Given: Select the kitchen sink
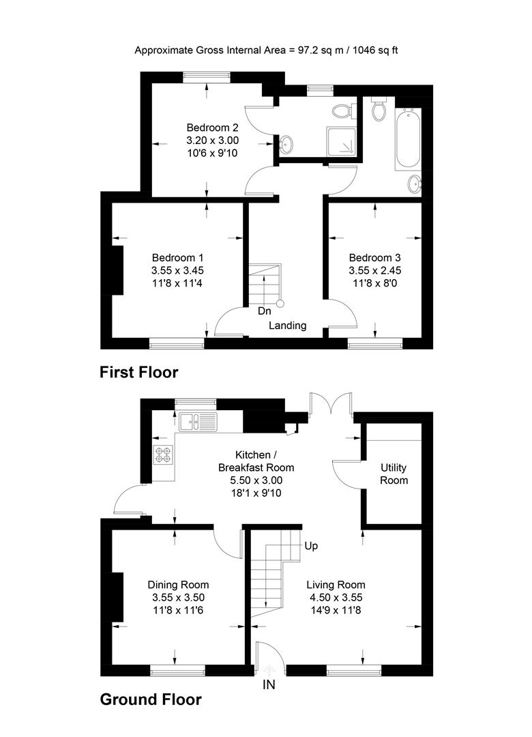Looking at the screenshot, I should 198,421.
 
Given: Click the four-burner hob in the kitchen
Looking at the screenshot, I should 163,454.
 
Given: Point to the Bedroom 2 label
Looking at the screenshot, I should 213,128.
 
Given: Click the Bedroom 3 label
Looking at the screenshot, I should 374,258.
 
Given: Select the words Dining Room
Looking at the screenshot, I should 178,585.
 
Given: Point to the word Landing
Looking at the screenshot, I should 287,326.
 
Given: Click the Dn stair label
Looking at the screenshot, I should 264,311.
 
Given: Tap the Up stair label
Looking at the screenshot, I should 311,546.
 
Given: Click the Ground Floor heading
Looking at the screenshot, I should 151,699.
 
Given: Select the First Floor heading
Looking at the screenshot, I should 139,372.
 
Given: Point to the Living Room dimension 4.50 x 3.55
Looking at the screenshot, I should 336,598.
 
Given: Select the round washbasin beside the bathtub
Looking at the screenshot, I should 414,183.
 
